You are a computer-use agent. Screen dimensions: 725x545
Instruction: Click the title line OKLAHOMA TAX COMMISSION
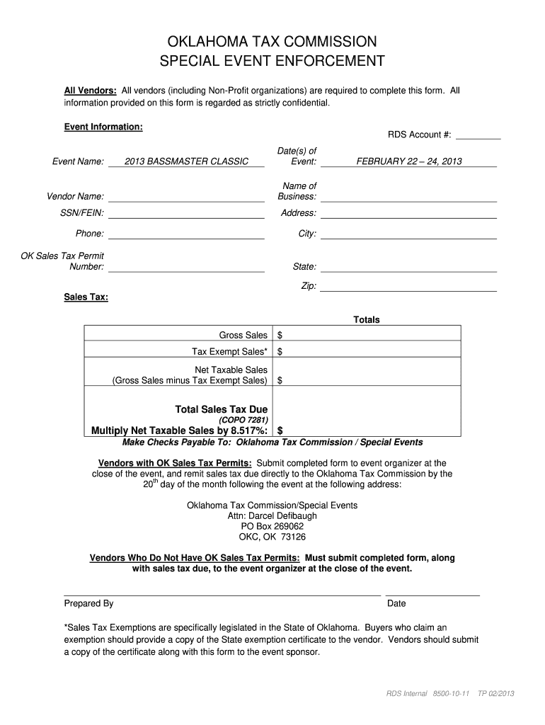pos(272,41)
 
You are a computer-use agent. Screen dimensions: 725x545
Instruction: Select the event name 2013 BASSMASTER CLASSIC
pos(186,161)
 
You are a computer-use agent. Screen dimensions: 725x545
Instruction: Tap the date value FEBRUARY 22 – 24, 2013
pos(408,161)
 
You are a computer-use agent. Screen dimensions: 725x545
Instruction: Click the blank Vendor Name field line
pos(186,198)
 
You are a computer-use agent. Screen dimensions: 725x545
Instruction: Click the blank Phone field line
pos(186,235)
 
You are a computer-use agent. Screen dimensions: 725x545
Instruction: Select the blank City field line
pos(408,235)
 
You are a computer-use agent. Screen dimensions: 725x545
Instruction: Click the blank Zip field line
pos(408,287)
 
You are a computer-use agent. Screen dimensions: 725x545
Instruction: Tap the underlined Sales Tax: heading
pos(86,297)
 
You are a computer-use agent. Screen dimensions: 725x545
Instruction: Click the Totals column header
pos(367,320)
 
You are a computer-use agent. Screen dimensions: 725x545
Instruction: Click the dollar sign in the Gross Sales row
pos(280,335)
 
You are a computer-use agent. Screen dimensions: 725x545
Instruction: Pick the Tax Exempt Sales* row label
pos(229,352)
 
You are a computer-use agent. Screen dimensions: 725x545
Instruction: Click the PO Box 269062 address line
pos(272,527)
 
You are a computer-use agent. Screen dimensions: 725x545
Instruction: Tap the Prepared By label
pos(88,604)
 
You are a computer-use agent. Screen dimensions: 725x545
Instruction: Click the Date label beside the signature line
pos(396,604)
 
